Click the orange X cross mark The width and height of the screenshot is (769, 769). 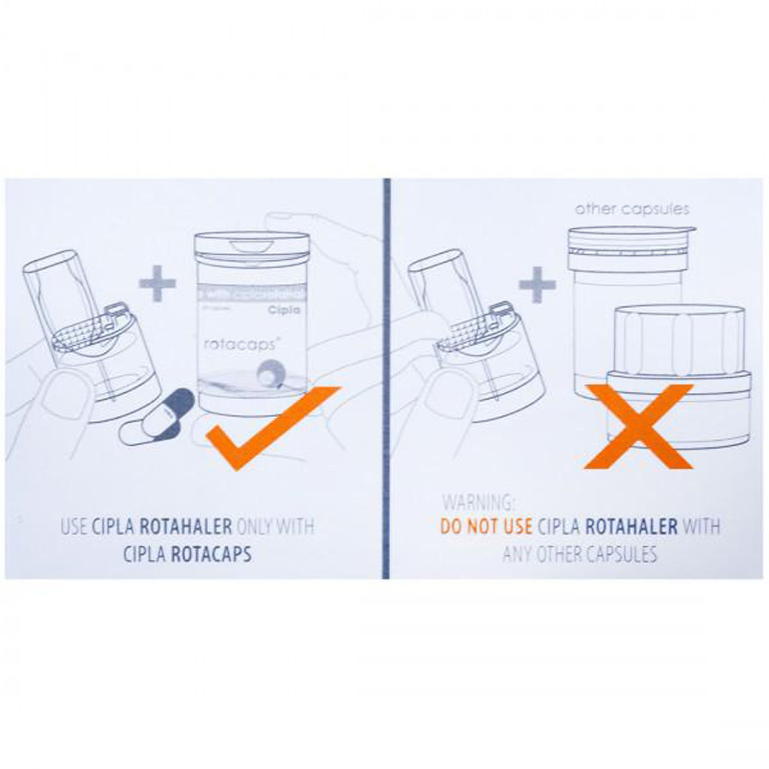tap(638, 426)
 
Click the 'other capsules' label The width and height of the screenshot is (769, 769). tap(631, 209)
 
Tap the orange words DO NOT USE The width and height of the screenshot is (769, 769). tap(486, 527)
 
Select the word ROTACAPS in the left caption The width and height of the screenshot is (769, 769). tap(211, 554)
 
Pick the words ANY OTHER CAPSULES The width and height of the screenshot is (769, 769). tap(580, 554)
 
